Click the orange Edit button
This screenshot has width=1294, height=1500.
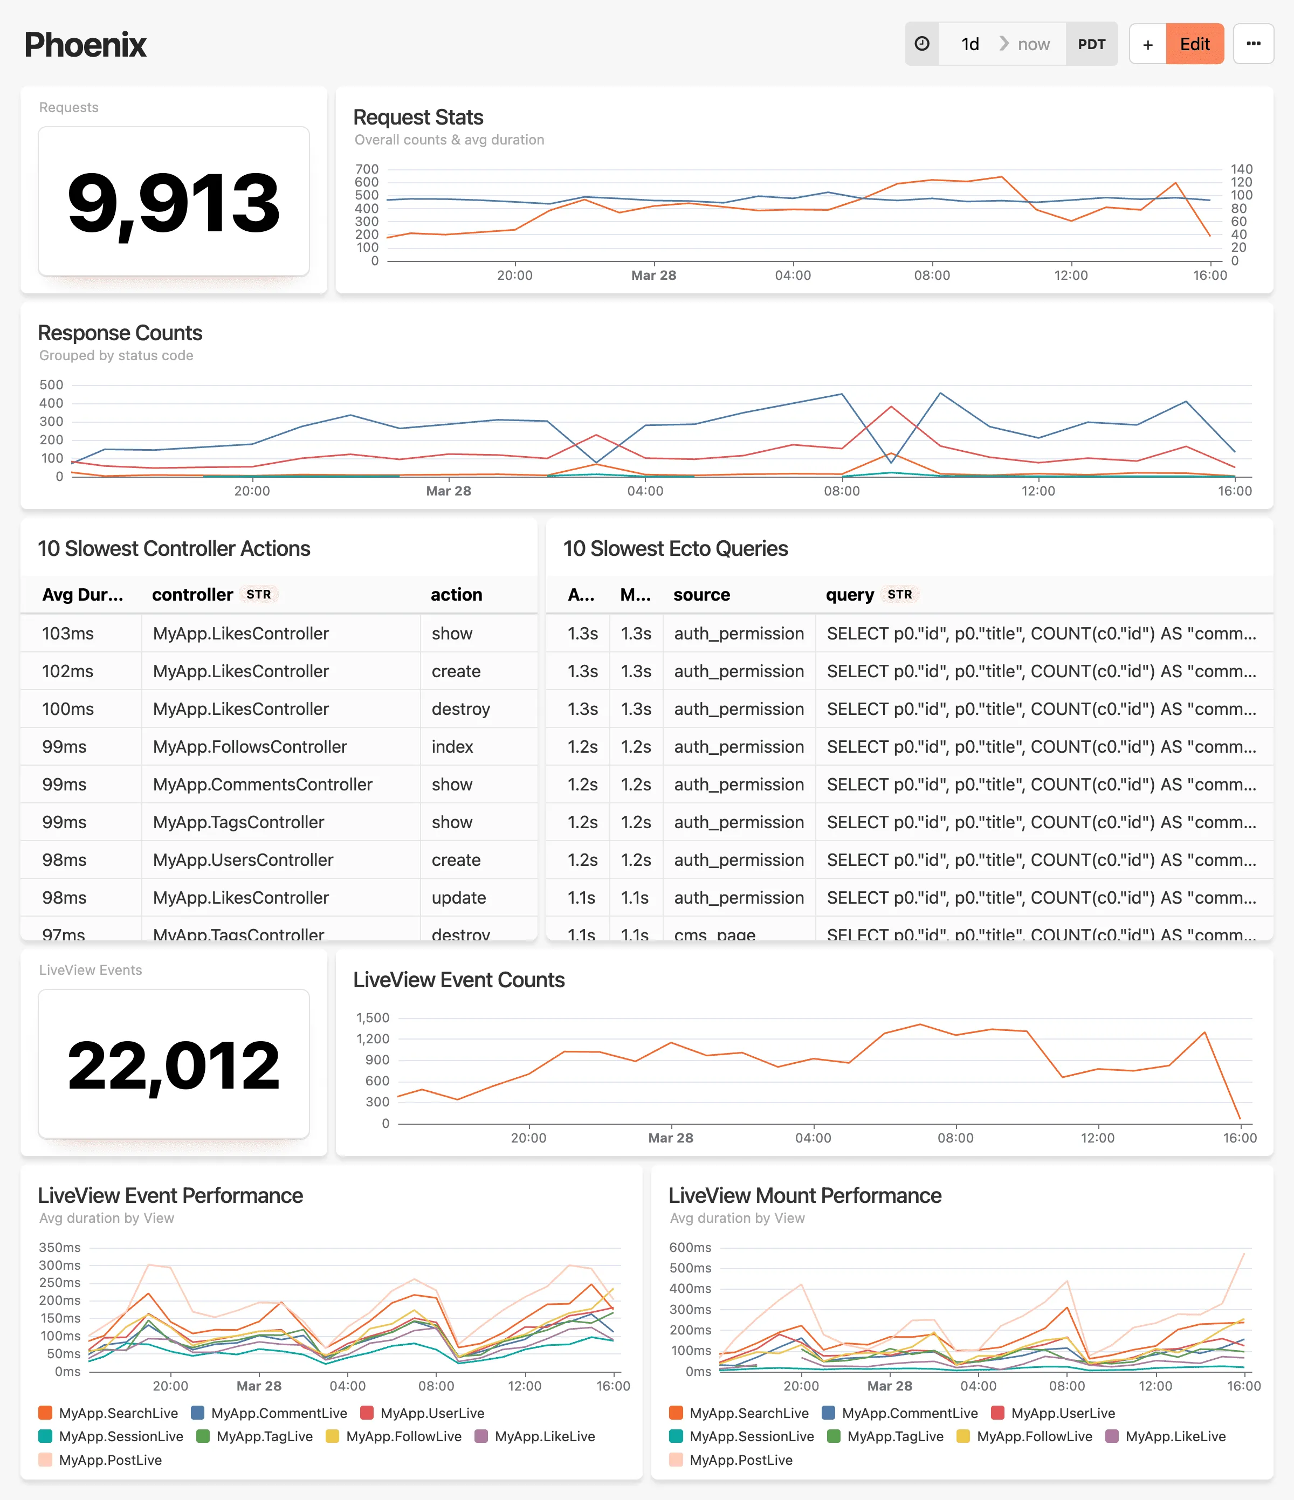click(1194, 44)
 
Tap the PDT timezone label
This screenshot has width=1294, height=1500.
click(1091, 44)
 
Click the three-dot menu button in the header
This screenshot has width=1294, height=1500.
click(1252, 44)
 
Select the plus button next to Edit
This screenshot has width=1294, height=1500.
click(1147, 44)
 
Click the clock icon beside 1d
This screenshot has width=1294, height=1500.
click(922, 44)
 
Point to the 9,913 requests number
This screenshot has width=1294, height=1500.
click(173, 203)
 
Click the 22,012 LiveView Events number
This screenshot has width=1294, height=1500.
click(173, 1065)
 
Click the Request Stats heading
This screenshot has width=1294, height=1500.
click(418, 118)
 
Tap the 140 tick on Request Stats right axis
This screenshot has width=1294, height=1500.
click(1241, 169)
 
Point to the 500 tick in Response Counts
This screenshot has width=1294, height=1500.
click(51, 384)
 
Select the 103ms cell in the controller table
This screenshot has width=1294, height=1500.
click(68, 634)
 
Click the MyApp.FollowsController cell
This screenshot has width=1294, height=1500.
click(250, 746)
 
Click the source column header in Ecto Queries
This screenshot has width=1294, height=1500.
click(701, 594)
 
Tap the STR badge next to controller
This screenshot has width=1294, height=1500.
click(258, 594)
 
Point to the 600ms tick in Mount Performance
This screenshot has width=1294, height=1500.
click(690, 1247)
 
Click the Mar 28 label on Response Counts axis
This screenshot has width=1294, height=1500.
click(448, 491)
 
